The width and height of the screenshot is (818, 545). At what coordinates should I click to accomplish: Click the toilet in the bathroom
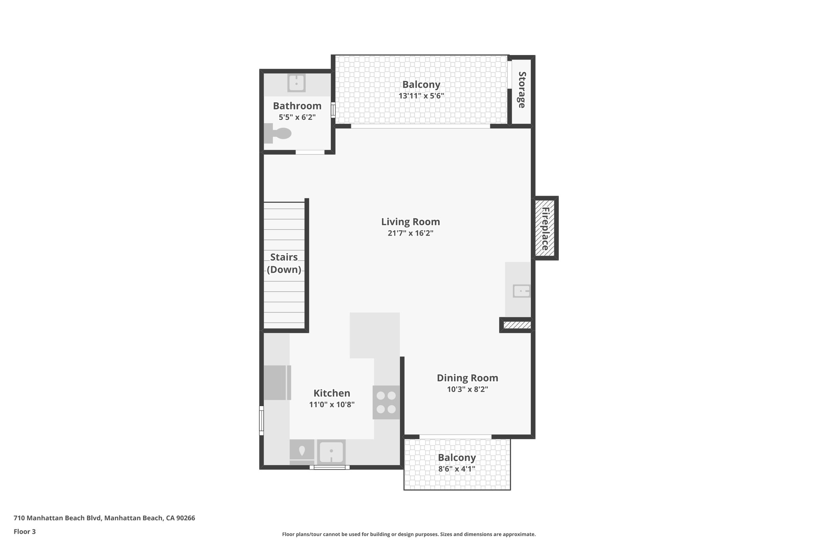279,133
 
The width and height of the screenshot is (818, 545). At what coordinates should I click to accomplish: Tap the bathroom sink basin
296,83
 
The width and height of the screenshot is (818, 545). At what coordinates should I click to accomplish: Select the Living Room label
410,222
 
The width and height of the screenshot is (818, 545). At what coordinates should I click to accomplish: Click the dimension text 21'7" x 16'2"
410,233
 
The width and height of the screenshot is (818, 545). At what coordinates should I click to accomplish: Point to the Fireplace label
545,228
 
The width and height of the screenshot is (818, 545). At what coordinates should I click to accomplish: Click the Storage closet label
522,90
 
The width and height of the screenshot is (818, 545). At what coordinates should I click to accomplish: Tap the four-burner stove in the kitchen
386,402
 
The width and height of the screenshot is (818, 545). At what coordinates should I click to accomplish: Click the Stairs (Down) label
284,263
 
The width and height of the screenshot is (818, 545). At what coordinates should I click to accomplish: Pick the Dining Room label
467,378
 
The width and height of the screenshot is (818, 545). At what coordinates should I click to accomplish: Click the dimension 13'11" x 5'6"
421,96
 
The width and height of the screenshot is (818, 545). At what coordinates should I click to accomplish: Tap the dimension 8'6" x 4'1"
457,469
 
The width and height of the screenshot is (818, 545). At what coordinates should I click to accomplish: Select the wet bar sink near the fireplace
521,291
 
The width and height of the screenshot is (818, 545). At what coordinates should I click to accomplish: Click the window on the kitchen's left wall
262,420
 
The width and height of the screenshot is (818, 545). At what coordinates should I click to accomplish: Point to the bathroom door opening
310,152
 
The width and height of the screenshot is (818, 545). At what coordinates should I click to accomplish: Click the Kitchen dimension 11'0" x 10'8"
332,404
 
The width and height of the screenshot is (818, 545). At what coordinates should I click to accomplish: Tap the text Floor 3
25,531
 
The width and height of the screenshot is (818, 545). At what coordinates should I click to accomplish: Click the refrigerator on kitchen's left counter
277,382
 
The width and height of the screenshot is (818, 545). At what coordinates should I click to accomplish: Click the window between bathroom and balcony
333,110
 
